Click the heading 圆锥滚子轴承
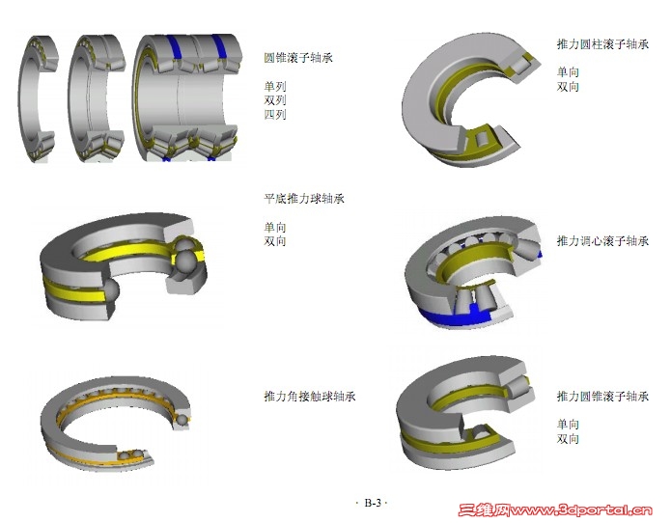click(298, 58)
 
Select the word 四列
click(275, 115)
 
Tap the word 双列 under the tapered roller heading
click(275, 100)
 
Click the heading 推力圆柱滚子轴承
click(602, 44)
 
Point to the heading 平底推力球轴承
click(304, 199)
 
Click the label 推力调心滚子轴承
click(602, 241)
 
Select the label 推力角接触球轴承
click(310, 396)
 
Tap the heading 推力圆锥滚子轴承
click(602, 396)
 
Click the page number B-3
click(373, 503)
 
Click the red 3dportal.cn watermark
click(555, 509)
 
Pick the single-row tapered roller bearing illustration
click(38, 98)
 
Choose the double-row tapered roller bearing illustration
click(97, 98)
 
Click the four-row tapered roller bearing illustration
click(186, 97)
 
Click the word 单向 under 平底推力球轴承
click(275, 227)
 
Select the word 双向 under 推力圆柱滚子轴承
click(568, 87)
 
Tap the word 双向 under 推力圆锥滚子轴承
click(568, 439)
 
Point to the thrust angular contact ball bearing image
click(117, 425)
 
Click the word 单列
click(275, 87)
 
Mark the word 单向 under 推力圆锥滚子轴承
click(568, 425)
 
